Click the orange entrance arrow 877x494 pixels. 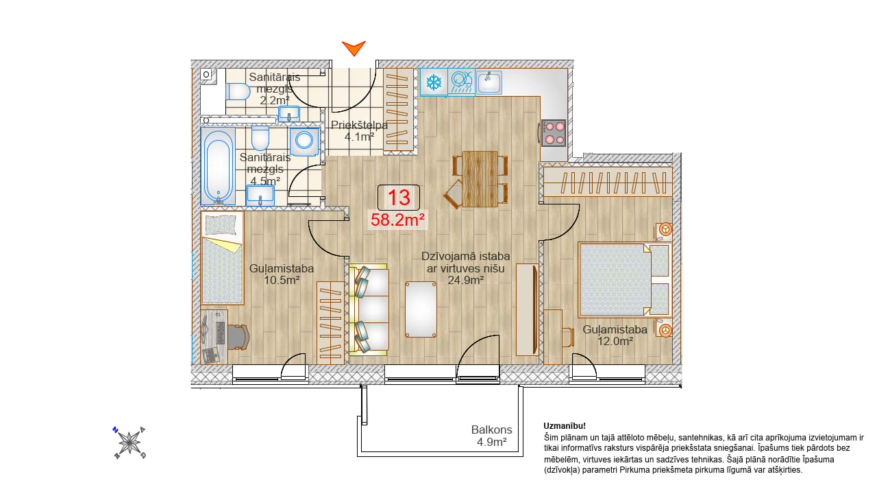(354, 47)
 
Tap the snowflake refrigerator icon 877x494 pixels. (434, 82)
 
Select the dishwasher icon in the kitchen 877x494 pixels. (461, 82)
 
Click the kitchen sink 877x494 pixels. (489, 82)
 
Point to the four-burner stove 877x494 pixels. (554, 133)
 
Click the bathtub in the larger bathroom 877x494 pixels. (218, 166)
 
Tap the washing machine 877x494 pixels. (304, 141)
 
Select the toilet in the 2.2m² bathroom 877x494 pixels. (238, 92)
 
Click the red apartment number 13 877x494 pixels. (399, 198)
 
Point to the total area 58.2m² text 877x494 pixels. (398, 220)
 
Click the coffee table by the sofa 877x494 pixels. (421, 309)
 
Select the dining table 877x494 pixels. (480, 179)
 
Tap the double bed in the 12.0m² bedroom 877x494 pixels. (624, 279)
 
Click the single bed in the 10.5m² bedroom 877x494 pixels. (222, 258)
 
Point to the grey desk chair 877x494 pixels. (238, 337)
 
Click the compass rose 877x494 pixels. (129, 443)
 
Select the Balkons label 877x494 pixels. (491, 430)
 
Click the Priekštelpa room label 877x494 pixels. (359, 125)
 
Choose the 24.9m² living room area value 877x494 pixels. (465, 281)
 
